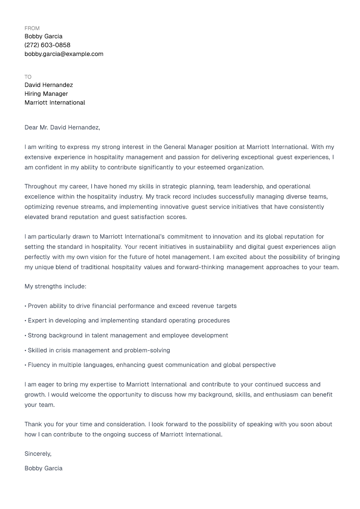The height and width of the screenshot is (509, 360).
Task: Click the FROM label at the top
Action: pyautogui.click(x=32, y=28)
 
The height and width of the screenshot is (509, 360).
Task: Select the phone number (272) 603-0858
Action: pyautogui.click(x=47, y=45)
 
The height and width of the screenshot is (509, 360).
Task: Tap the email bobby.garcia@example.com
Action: pyautogui.click(x=64, y=54)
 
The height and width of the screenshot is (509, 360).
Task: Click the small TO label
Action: pyautogui.click(x=28, y=77)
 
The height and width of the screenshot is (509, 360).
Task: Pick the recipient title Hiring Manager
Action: pyautogui.click(x=46, y=94)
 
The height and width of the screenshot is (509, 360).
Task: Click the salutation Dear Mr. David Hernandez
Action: pyautogui.click(x=62, y=128)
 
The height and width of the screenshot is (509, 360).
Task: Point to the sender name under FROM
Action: pyautogui.click(x=44, y=36)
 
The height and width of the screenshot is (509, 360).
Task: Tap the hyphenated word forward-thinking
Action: pyautogui.click(x=200, y=267)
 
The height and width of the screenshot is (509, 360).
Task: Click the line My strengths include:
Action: pyautogui.click(x=56, y=286)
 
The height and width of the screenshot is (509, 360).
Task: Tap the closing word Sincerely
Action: pyautogui.click(x=38, y=454)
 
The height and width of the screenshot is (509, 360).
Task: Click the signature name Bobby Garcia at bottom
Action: pyautogui.click(x=44, y=468)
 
